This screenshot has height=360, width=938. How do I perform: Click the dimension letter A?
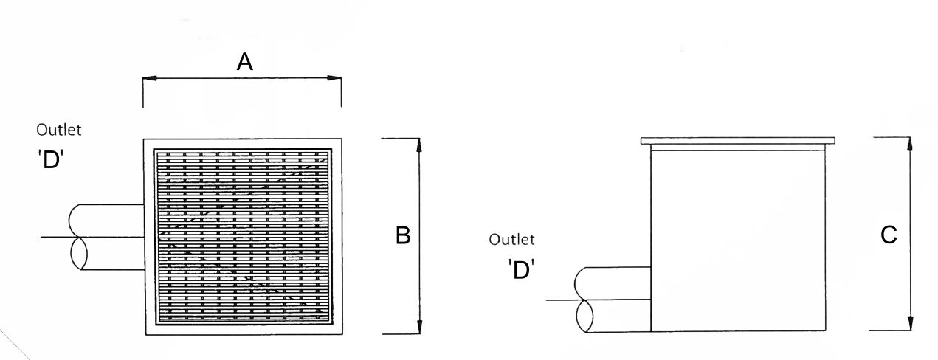pyautogui.click(x=245, y=63)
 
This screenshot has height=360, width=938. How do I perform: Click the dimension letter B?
pyautogui.click(x=403, y=235)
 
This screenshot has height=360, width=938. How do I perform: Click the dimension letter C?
pyautogui.click(x=889, y=235)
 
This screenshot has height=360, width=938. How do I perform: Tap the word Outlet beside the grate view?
pyautogui.click(x=58, y=130)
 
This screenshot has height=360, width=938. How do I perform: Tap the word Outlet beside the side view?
pyautogui.click(x=511, y=240)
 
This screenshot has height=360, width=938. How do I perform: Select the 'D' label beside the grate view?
pyautogui.click(x=51, y=159)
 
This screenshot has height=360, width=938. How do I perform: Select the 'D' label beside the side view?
pyautogui.click(x=521, y=269)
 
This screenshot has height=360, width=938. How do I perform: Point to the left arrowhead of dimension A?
pyautogui.click(x=150, y=78)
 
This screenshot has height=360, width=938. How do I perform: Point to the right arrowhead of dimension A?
pyautogui.click(x=334, y=78)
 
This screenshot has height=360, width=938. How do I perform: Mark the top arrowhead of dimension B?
pyautogui.click(x=419, y=145)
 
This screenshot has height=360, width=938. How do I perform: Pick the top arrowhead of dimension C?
pyautogui.click(x=909, y=144)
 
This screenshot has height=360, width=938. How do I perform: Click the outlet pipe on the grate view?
pyautogui.click(x=107, y=237)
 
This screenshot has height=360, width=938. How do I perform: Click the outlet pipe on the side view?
pyautogui.click(x=613, y=300)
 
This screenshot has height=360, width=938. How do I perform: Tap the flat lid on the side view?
pyautogui.click(x=738, y=141)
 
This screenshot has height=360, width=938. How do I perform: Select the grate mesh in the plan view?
pyautogui.click(x=243, y=237)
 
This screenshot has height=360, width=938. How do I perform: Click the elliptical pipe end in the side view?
pyautogui.click(x=584, y=316)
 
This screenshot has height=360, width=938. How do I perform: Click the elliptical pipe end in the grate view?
pyautogui.click(x=79, y=253)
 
